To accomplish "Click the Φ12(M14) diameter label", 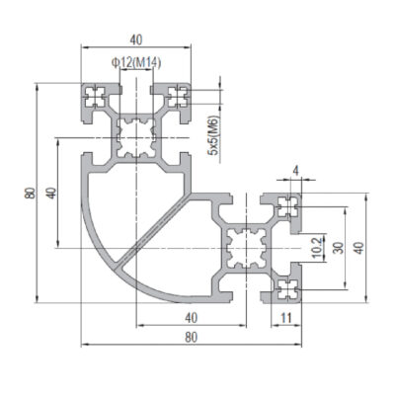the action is (x=136, y=62).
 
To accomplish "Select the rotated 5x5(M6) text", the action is (x=213, y=135).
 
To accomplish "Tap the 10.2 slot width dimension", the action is (x=317, y=248).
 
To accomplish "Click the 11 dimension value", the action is (x=286, y=318).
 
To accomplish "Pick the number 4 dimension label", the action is (x=296, y=172).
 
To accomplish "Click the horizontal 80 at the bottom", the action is (x=192, y=338).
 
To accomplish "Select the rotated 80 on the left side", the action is (x=30, y=193).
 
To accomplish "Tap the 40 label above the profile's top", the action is (x=136, y=39).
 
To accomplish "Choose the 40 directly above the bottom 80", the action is (x=192, y=318).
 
